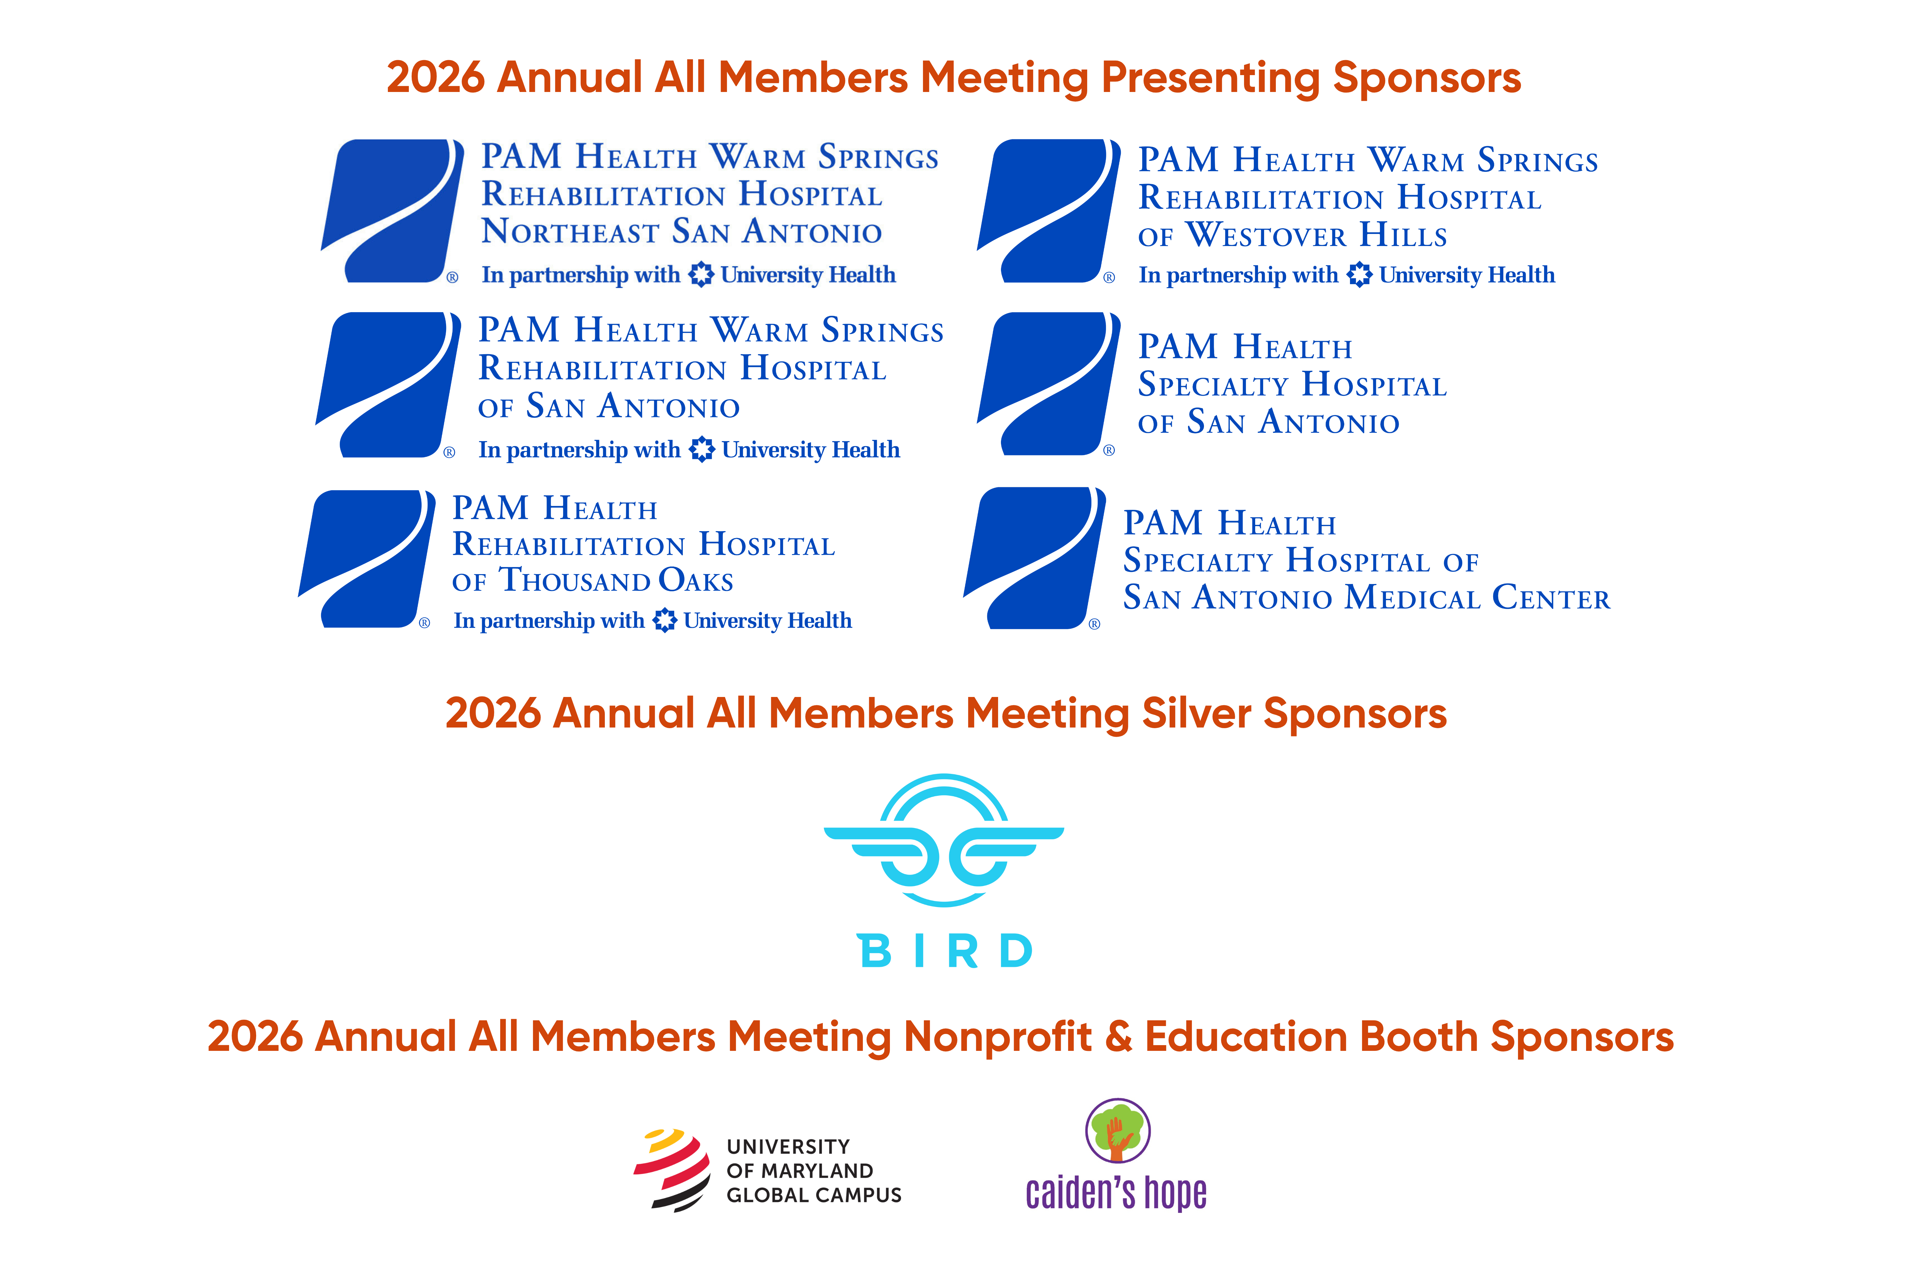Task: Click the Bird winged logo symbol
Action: click(944, 840)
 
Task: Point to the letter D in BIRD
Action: click(1016, 951)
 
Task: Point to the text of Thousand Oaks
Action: click(592, 580)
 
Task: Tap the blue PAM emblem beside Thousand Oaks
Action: click(367, 559)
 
